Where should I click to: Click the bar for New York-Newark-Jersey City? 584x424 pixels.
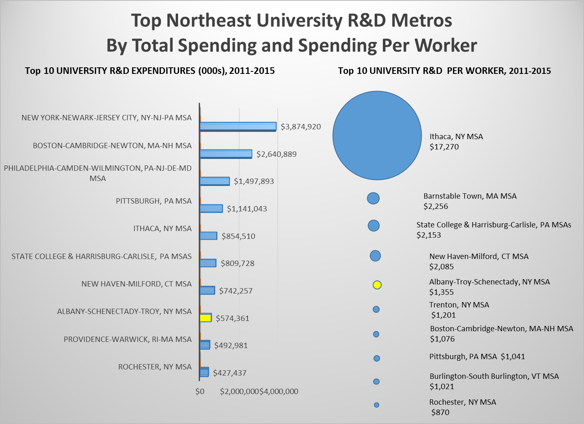pyautogui.click(x=238, y=126)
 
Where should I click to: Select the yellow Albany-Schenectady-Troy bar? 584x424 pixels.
pyautogui.click(x=206, y=318)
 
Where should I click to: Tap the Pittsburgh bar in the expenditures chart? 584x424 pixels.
pyautogui.click(x=211, y=209)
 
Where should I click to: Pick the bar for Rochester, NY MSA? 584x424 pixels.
pyautogui.click(x=204, y=372)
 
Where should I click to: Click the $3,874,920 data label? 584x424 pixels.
pyautogui.click(x=300, y=127)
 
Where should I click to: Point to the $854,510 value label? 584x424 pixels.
pyautogui.click(x=238, y=236)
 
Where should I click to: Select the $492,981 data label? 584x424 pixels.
pyautogui.click(x=231, y=345)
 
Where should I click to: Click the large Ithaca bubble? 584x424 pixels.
pyautogui.click(x=377, y=135)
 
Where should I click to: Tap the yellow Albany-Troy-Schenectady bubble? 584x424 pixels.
pyautogui.click(x=377, y=285)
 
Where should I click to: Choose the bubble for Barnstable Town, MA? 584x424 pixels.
pyautogui.click(x=373, y=198)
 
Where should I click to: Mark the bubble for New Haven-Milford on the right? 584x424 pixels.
pyautogui.click(x=375, y=256)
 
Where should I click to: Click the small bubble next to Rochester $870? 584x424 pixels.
pyautogui.click(x=376, y=405)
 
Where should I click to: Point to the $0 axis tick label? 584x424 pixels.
pyautogui.click(x=200, y=392)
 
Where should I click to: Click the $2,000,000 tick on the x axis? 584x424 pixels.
pyautogui.click(x=239, y=392)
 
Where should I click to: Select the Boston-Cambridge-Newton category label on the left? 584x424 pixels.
pyautogui.click(x=112, y=146)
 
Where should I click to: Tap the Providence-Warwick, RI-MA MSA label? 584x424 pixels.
pyautogui.click(x=128, y=339)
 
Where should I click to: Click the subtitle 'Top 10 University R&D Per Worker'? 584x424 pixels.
pyautogui.click(x=444, y=71)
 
